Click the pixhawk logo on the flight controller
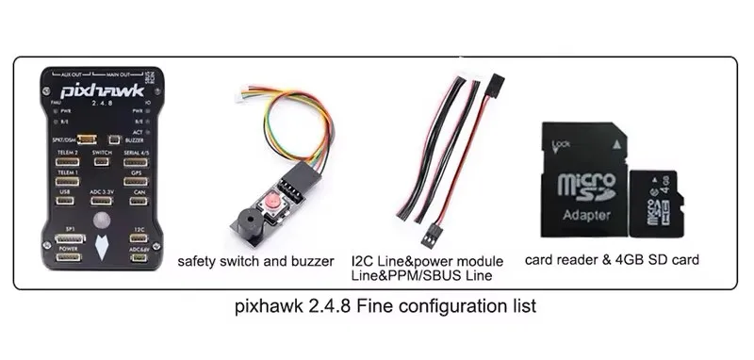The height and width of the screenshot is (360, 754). [x=100, y=92]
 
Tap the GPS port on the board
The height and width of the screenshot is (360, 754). [x=136, y=184]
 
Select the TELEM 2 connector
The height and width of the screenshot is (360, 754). [x=66, y=162]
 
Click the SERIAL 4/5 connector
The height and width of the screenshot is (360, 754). [x=136, y=162]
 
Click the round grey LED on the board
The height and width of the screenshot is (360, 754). [x=102, y=223]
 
